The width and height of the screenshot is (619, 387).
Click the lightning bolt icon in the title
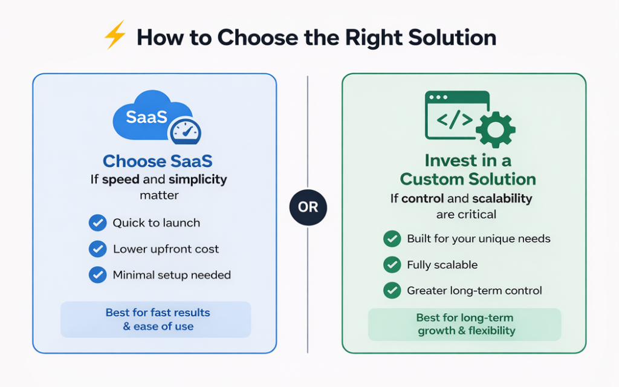coord(115,37)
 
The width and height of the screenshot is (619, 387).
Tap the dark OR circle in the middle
coord(308,207)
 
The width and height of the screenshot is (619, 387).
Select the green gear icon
coord(496,129)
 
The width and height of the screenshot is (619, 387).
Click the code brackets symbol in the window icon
coord(455,120)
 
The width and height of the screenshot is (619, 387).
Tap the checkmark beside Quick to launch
coord(97,223)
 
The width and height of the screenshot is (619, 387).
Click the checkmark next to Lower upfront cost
coord(97,249)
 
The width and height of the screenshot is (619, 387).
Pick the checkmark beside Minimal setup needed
coord(97,275)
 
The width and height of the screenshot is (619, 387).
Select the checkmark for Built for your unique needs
coord(392,238)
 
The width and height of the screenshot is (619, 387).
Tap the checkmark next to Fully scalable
coord(392,264)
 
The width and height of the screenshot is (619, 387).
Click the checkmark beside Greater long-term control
coord(392,290)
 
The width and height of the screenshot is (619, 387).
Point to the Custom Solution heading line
coord(467,179)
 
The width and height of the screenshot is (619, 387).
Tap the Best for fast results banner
coord(156,319)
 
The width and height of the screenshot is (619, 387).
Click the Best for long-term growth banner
coord(464,324)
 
